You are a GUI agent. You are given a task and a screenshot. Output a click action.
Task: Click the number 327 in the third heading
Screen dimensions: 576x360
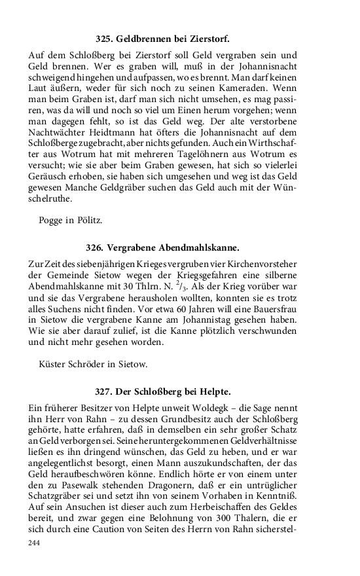tap(103, 391)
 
